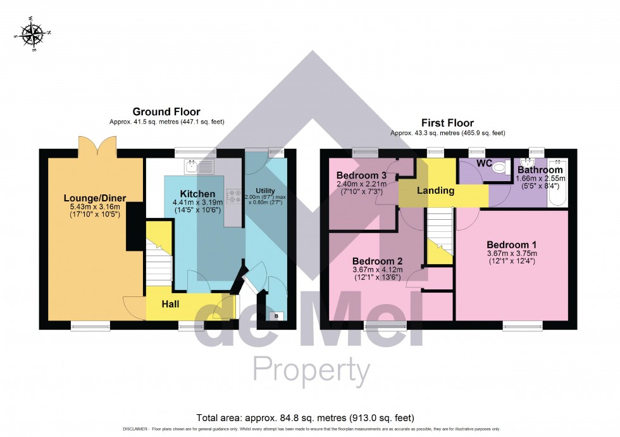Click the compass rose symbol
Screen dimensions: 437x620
[x=32, y=34]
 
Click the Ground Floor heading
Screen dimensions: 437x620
[x=161, y=111]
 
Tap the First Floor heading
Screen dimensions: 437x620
[x=447, y=123]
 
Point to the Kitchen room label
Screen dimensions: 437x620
[x=197, y=193]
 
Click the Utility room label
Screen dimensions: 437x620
[x=266, y=191]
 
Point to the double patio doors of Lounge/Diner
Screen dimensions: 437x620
[x=97, y=146]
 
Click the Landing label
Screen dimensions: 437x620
[x=435, y=190]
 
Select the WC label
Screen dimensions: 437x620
[x=485, y=163]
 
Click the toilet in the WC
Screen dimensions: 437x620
[x=500, y=167]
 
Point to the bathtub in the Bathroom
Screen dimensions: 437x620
[x=559, y=184]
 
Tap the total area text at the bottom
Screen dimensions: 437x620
[x=306, y=418]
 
